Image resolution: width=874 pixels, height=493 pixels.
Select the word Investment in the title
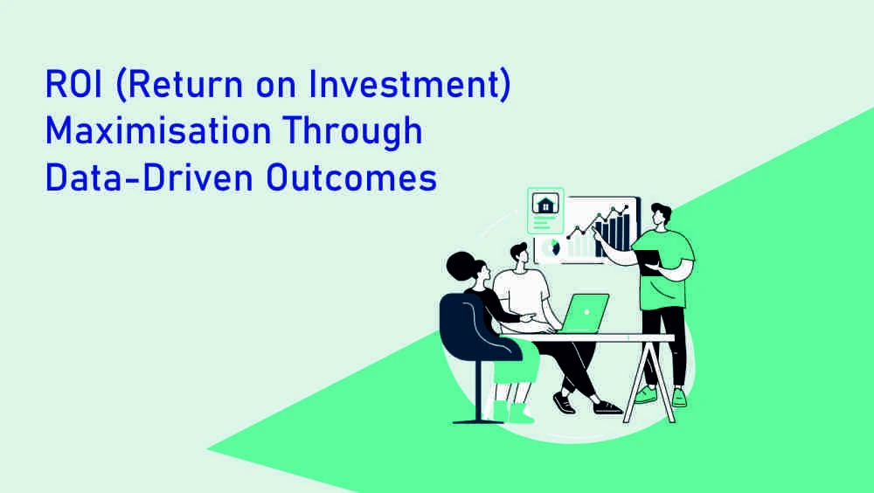(409, 85)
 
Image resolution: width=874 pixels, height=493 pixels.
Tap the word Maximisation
(158, 131)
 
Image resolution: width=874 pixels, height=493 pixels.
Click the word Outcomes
(351, 178)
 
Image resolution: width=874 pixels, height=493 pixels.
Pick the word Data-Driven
(149, 178)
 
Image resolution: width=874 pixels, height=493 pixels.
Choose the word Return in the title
(180, 85)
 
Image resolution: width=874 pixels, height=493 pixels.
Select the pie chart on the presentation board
(551, 247)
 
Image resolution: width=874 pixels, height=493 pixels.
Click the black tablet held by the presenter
(649, 262)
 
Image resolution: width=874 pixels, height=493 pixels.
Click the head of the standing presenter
(660, 215)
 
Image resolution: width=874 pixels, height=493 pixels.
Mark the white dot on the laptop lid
(586, 313)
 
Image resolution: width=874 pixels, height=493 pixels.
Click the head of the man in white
(519, 255)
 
